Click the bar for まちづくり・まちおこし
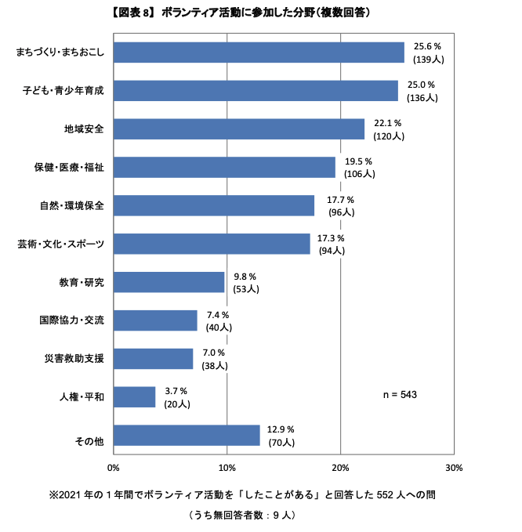259,52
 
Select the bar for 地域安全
239,128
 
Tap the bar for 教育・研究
169,282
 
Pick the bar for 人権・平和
134,397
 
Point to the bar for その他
187,436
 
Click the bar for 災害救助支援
153,359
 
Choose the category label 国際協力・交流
71,320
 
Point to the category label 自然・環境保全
71,206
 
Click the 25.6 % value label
426,46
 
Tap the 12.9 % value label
281,430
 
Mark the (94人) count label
332,251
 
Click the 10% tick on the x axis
227,468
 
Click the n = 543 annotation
399,395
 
